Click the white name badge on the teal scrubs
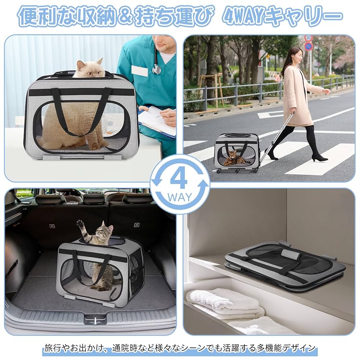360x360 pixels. coord(139,71)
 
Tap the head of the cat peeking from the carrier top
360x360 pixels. coord(90,69)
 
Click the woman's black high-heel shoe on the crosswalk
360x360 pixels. coord(319,157)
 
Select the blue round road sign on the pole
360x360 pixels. coord(308,46)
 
